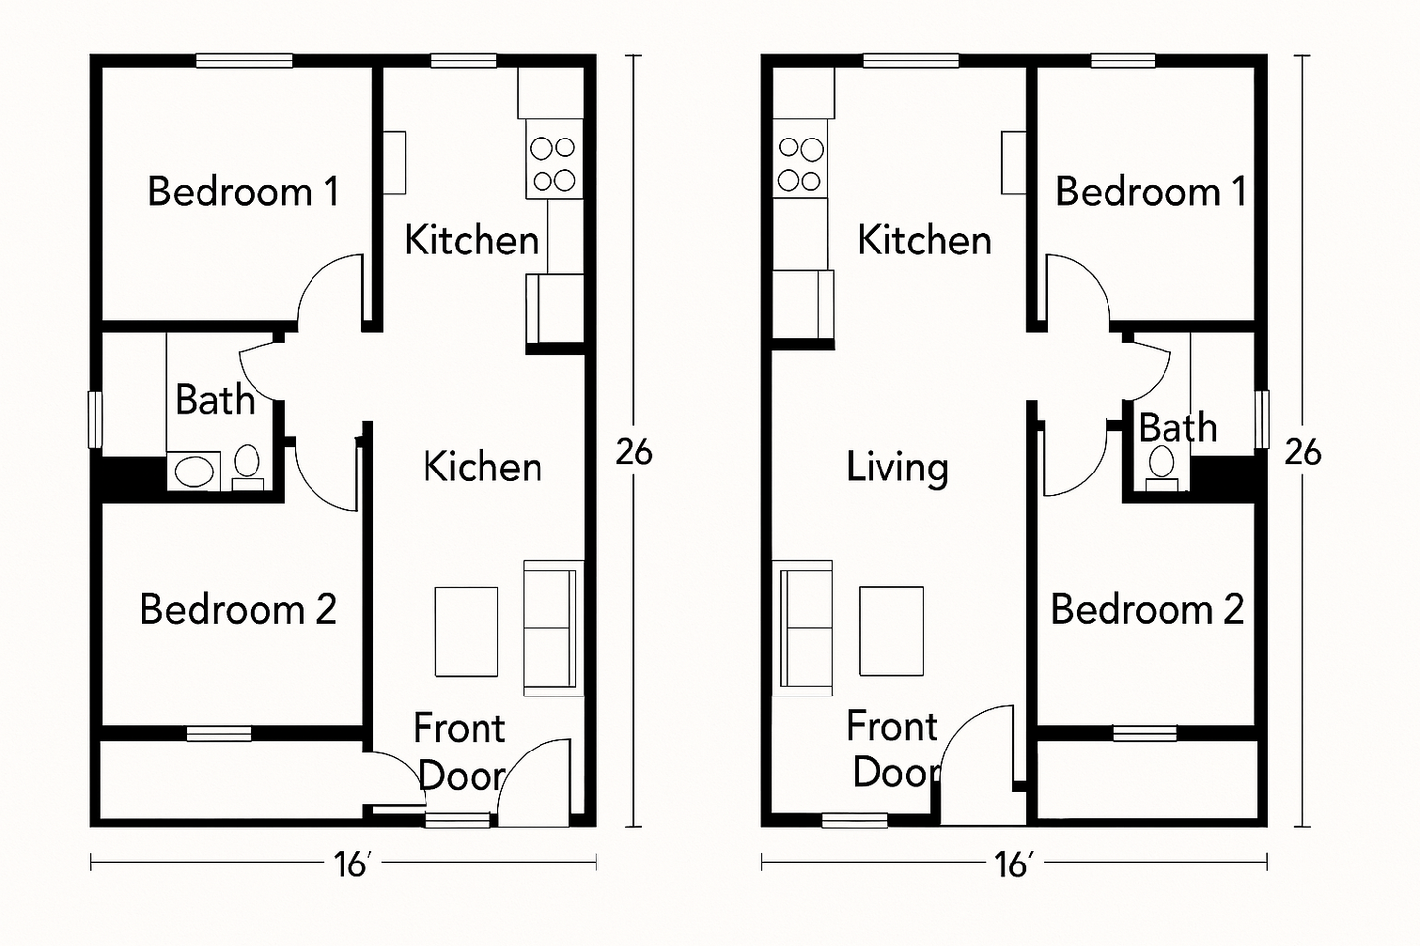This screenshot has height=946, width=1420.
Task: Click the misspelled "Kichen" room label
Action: point(482,468)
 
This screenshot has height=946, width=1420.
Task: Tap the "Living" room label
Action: point(897,468)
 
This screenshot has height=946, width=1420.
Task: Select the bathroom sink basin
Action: point(194,471)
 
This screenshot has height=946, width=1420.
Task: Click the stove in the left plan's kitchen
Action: point(552,164)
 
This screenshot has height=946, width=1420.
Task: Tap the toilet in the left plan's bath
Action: point(247,463)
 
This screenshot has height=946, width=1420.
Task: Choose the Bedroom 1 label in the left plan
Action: point(243,192)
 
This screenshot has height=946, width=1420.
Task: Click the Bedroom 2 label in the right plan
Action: point(1147,610)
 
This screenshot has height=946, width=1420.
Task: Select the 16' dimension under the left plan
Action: point(350,864)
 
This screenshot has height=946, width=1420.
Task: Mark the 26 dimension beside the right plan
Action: point(1302,452)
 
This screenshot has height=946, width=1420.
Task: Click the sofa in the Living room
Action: point(804,628)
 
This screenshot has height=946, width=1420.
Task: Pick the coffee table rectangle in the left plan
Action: point(466,632)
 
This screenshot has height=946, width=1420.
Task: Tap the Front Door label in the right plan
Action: point(891,750)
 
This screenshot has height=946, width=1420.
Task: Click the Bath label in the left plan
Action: point(214,400)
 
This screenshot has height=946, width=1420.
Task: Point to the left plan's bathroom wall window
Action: point(96,419)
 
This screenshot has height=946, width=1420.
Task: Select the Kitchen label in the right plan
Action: point(924,241)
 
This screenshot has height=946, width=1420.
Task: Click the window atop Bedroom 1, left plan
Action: point(243,61)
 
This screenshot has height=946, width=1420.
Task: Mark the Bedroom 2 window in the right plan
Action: point(1145,733)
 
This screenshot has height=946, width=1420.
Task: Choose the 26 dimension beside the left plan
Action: point(633,452)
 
